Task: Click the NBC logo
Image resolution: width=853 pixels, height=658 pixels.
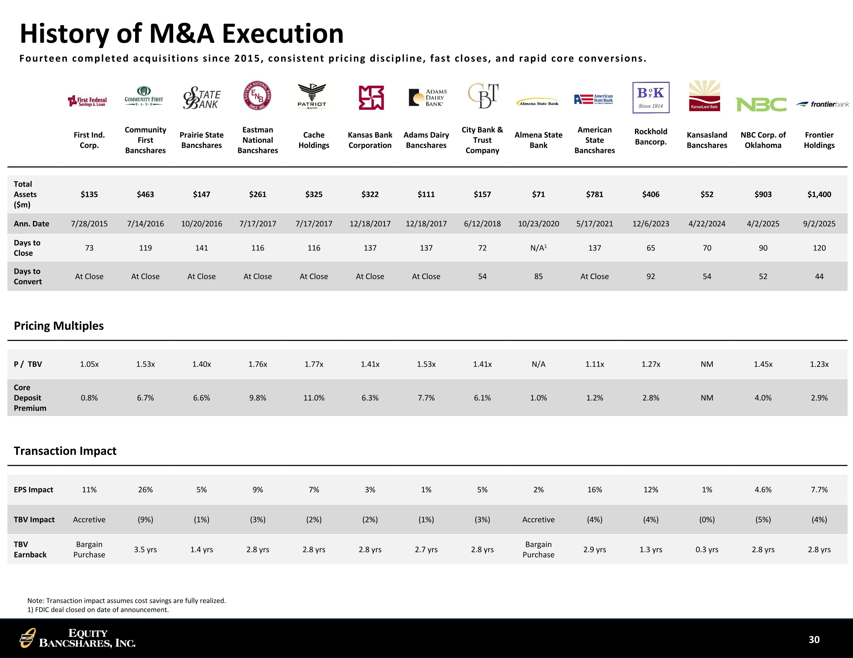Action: point(761,104)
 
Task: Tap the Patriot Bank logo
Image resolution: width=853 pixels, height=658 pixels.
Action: point(312,96)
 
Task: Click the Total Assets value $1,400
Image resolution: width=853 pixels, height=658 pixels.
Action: point(819,194)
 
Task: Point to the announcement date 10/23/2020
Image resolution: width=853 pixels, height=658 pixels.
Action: point(538,224)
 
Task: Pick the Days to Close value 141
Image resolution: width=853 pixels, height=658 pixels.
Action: point(202,248)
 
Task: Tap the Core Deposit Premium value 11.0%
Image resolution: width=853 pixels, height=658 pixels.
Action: point(314,398)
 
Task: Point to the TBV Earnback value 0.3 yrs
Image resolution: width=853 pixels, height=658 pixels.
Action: point(707,549)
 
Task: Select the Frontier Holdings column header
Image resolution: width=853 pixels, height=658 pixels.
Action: point(819,140)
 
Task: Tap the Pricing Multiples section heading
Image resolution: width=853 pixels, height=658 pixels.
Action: point(59,326)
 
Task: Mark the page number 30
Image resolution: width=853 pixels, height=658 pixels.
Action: point(814,640)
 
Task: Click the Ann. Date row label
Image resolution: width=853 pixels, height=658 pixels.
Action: point(32,224)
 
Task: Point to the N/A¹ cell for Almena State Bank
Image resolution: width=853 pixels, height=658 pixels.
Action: point(538,248)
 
